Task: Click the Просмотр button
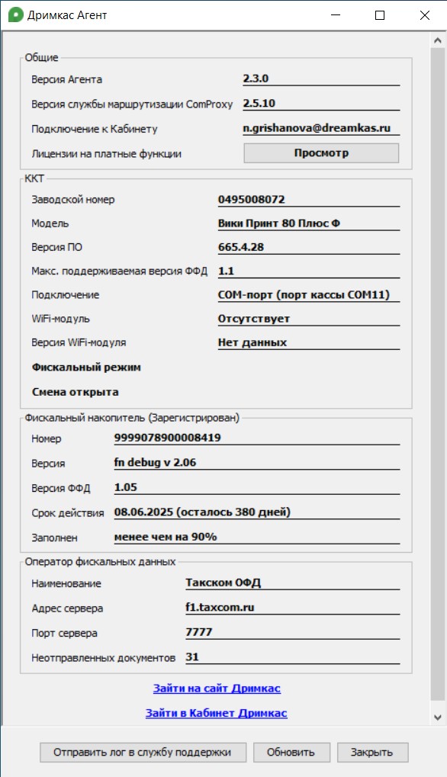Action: (x=321, y=153)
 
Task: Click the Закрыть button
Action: (x=372, y=752)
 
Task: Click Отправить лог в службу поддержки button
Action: (x=143, y=752)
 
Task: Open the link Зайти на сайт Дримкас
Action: (x=217, y=689)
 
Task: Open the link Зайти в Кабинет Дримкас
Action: (x=217, y=714)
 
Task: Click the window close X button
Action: (x=424, y=15)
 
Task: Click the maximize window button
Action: (x=380, y=15)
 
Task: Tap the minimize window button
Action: (x=336, y=15)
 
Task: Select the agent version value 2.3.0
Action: (x=256, y=79)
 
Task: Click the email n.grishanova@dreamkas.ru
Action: (x=317, y=128)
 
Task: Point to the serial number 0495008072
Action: (x=252, y=200)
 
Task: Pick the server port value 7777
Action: (x=198, y=632)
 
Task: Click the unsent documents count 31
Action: (x=191, y=657)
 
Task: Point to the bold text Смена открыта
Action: (x=75, y=392)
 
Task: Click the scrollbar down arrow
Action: (x=437, y=718)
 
